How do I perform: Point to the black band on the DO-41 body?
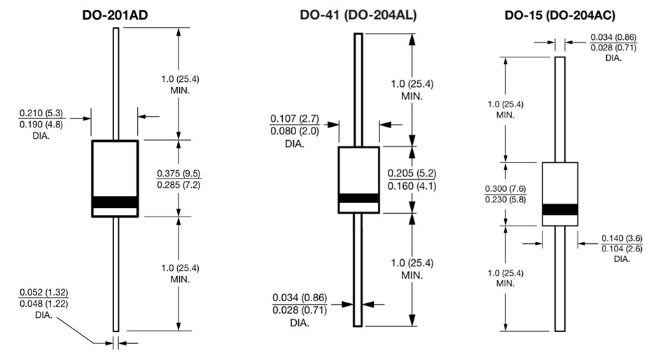358,198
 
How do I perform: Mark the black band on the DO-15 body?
560,209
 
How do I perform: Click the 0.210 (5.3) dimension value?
43,112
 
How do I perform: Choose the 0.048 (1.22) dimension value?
44,304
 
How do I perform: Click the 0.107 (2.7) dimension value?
294,118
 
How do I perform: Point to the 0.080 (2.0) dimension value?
294,130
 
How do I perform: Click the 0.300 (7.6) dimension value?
505,189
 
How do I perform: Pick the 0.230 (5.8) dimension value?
505,200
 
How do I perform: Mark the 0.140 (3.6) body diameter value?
622,238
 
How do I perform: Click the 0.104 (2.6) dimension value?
622,249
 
